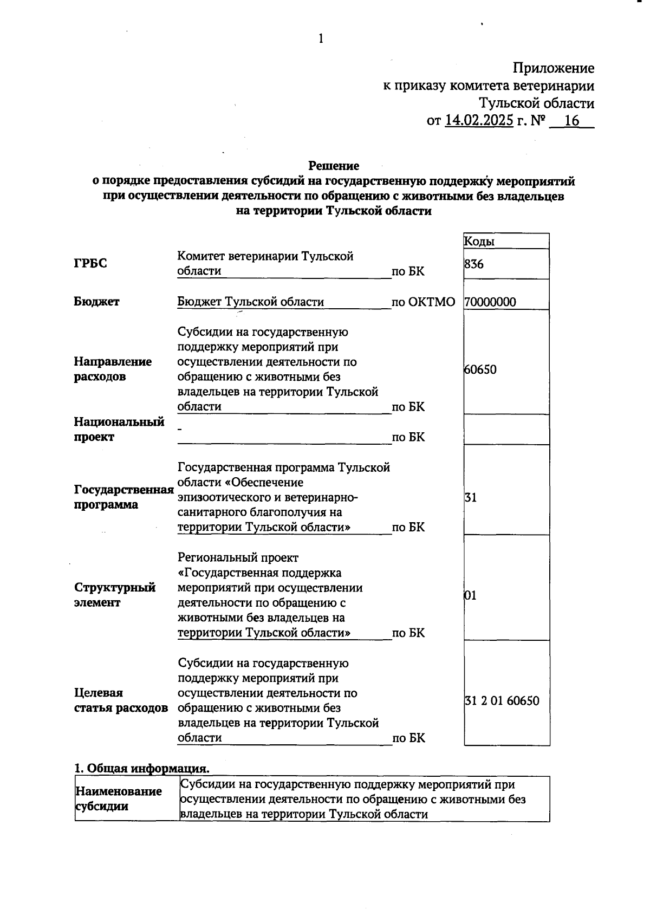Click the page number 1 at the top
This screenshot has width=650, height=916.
tap(321, 38)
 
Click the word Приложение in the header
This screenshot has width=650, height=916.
tap(553, 68)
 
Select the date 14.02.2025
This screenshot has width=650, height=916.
tap(479, 120)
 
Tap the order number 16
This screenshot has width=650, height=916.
tap(571, 120)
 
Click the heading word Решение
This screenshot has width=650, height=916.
tap(334, 165)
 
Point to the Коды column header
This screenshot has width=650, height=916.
tap(479, 242)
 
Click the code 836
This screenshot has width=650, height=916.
tap(474, 264)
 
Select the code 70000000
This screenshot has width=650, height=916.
tap(490, 302)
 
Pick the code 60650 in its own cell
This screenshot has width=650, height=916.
tap(480, 369)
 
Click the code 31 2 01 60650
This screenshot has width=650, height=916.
tap(502, 700)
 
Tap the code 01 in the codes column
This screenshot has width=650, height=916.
tap(470, 595)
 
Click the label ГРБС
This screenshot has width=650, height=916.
tap(90, 263)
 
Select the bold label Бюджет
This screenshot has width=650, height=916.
tap(96, 302)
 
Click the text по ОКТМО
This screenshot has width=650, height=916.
tap(423, 302)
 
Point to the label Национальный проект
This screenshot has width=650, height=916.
tap(119, 429)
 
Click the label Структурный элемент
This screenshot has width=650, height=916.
tap(114, 595)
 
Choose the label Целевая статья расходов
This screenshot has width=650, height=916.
tap(120, 700)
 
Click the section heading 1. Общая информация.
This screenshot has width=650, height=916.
tap(141, 768)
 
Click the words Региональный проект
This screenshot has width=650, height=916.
tap(238, 557)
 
